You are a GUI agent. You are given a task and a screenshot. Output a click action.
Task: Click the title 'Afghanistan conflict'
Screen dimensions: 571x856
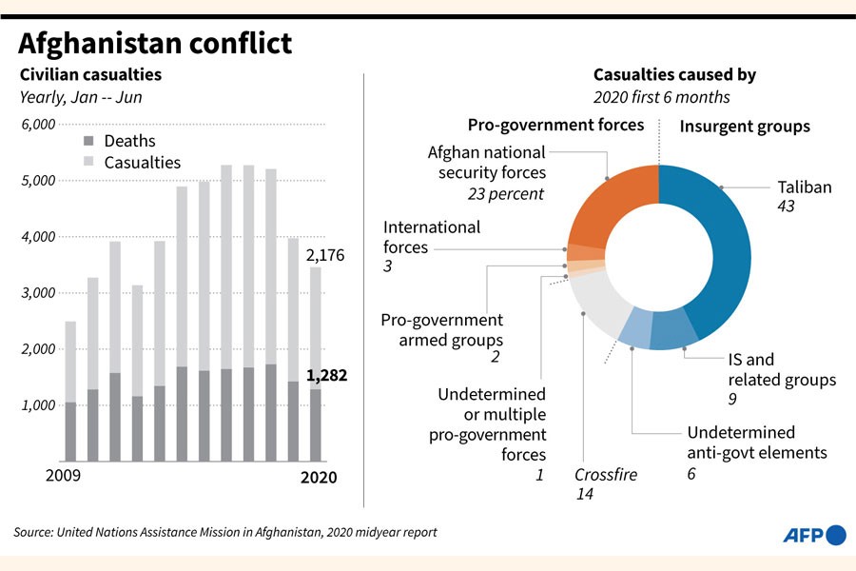[x=155, y=44]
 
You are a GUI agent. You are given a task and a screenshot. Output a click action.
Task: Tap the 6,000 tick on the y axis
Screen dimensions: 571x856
[x=37, y=125]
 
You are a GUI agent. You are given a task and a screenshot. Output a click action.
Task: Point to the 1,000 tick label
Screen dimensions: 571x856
[x=37, y=405]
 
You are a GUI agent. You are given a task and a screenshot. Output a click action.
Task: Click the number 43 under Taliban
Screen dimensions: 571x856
[x=787, y=207]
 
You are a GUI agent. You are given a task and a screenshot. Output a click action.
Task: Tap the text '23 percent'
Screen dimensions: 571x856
[x=506, y=193]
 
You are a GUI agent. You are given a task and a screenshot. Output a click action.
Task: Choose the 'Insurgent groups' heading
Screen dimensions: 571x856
[x=745, y=126]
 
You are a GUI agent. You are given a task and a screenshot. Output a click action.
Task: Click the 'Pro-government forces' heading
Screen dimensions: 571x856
[x=555, y=125]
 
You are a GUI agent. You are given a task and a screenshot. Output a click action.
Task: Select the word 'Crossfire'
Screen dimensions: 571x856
[x=606, y=475]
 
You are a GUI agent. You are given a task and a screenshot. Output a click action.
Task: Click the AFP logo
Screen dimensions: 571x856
[x=813, y=535]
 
